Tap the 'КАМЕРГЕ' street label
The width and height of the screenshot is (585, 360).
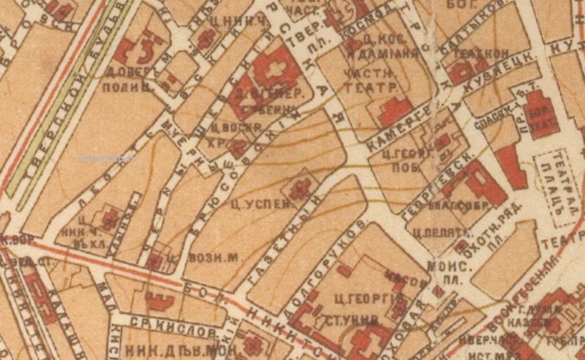click(x=397, y=124)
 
